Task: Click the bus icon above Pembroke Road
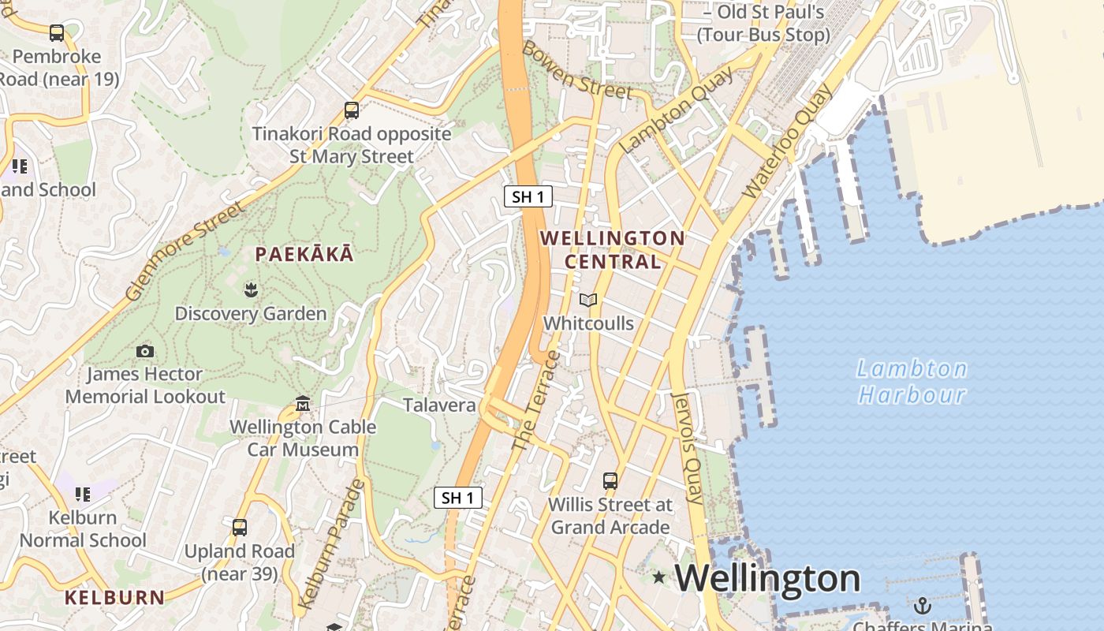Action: coord(57,33)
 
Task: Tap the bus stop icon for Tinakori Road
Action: coord(352,110)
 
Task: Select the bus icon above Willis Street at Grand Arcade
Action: coord(610,480)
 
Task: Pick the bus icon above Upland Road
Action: coord(240,527)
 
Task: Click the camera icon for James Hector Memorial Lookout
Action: coord(145,351)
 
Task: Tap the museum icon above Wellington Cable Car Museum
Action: coord(303,405)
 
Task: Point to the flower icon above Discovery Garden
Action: coord(251,289)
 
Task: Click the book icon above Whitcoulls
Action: coord(588,300)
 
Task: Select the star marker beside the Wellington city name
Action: coord(659,577)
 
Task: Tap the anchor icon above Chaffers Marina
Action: coord(922,606)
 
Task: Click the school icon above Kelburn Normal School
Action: coord(83,495)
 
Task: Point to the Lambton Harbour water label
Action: coord(912,381)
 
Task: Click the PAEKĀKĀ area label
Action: coord(304,254)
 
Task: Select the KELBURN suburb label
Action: coord(114,597)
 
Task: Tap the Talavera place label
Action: coord(439,405)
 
